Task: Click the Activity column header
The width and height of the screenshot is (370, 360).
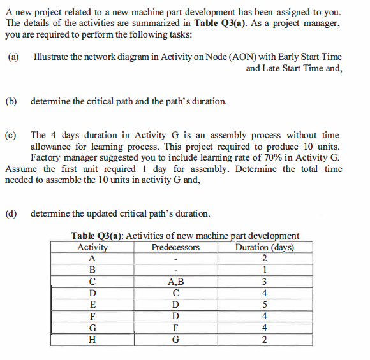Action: tap(93, 247)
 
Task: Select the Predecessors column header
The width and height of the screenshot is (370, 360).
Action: tap(175, 247)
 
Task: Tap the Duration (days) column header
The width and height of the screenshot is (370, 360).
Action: tap(264, 247)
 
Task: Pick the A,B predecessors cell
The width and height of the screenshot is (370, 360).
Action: tap(175, 281)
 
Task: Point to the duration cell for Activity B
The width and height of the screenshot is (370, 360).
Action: tap(264, 270)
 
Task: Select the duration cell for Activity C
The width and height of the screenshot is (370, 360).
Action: tap(264, 281)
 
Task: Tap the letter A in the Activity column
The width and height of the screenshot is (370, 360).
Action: tap(93, 259)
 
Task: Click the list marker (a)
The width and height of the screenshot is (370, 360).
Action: tap(13, 57)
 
